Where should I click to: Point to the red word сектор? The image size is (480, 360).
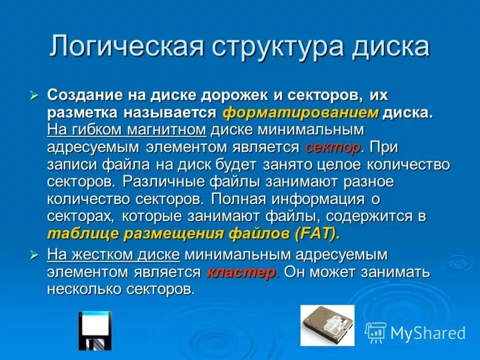pyautogui.click(x=333, y=147)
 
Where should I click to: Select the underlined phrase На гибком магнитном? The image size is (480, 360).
pyautogui.click(x=127, y=130)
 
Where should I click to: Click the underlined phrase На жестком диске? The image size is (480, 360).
pyautogui.click(x=113, y=254)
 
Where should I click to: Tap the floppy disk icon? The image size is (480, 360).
pyautogui.click(x=95, y=331)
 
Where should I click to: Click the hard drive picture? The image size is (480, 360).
pyautogui.click(x=327, y=326)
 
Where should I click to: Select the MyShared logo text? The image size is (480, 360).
pyautogui.click(x=428, y=333)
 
